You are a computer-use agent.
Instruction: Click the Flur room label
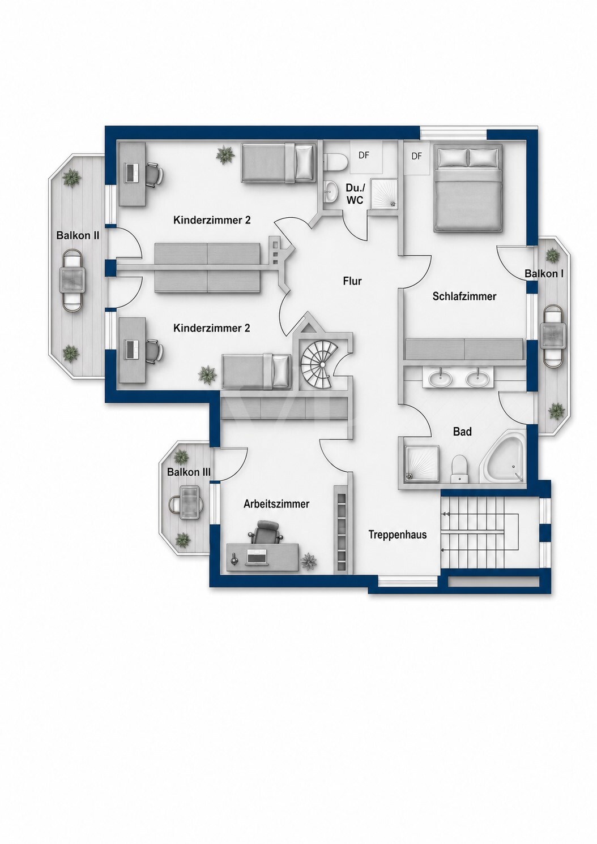tap(352, 281)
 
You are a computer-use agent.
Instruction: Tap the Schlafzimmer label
tap(464, 296)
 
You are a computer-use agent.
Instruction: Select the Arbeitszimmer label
tap(276, 504)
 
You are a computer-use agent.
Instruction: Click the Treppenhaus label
tap(398, 535)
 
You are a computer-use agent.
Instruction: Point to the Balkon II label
tap(78, 236)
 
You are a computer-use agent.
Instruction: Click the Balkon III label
tap(189, 472)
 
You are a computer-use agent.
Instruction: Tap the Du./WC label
tap(355, 193)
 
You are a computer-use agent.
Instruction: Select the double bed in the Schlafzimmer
tap(468, 188)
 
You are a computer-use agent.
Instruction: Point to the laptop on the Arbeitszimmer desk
tap(256, 557)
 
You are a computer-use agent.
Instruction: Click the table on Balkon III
tap(190, 502)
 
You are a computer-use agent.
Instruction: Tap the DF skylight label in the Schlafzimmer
tap(417, 156)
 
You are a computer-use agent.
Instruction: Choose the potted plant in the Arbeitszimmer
tap(309, 562)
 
